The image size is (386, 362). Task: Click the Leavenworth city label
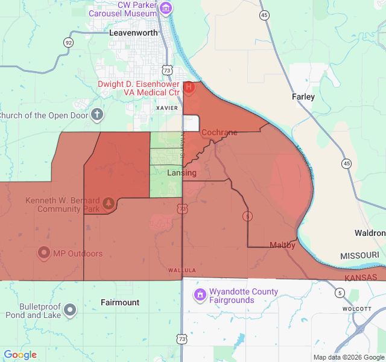coord(133,33)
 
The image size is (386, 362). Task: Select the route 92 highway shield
coord(69,42)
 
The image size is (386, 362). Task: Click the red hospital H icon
coord(189,87)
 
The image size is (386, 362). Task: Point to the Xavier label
coord(166,108)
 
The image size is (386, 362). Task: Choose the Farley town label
coord(303,97)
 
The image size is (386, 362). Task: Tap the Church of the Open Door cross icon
coord(97,115)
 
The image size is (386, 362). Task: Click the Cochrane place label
coord(219,132)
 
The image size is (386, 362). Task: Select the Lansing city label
coord(182,173)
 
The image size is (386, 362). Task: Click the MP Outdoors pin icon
coord(43,253)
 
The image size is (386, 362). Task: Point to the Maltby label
coord(282,245)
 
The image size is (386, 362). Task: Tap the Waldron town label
coord(370,233)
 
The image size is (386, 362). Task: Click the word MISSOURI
coord(359,256)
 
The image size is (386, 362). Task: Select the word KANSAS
coord(361,278)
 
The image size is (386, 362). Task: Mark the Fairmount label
coord(120,302)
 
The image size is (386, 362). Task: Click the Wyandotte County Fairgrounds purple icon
coord(199,295)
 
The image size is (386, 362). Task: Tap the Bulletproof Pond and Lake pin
coord(71,310)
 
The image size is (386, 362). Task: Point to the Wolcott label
coord(356,308)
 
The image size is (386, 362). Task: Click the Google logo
coord(20,355)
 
